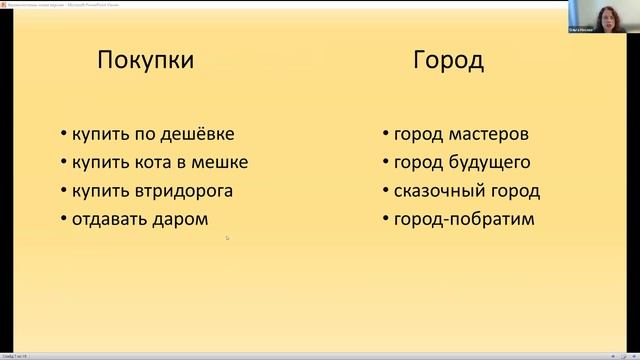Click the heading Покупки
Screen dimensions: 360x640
coord(146,61)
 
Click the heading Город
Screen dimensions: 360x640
coord(449,61)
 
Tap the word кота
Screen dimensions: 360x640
coord(147,162)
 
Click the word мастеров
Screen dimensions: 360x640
coord(488,134)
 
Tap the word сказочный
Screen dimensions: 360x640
coord(436,190)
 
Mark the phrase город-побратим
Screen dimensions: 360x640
coord(463,218)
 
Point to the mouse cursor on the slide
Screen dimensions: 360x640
coord(227,237)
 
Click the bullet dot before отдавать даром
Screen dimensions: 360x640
coord(63,219)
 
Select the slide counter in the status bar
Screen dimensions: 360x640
coord(15,356)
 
